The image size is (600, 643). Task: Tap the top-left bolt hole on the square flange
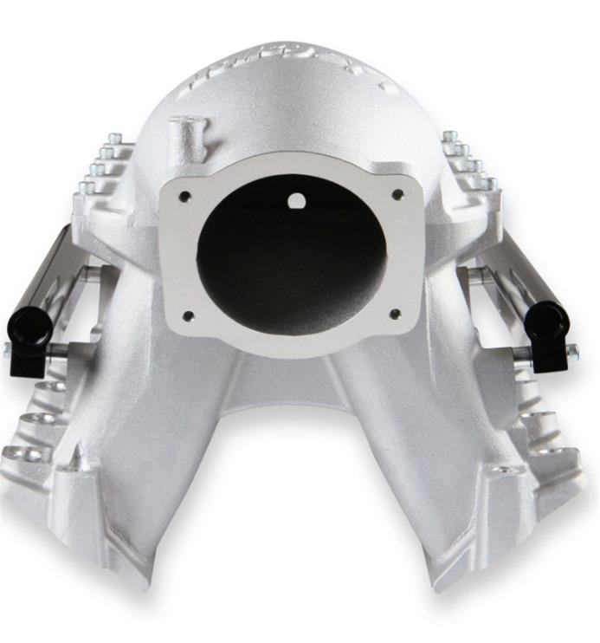(185, 197)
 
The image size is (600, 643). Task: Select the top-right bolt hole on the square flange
(397, 195)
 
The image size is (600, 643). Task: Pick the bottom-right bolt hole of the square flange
(395, 313)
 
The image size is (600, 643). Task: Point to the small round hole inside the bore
(297, 201)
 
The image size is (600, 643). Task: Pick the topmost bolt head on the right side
(450, 137)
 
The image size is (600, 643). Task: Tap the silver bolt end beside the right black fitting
(571, 351)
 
